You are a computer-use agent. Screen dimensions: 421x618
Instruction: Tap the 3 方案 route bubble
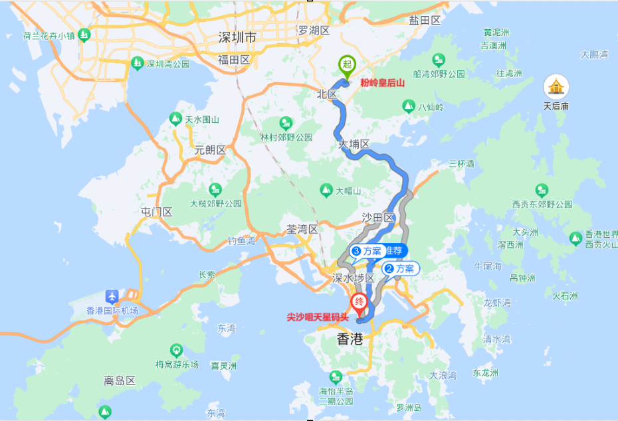[x=367, y=252]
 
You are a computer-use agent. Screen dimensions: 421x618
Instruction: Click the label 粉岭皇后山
[x=382, y=82]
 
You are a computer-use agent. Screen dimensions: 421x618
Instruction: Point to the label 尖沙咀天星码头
[x=317, y=317]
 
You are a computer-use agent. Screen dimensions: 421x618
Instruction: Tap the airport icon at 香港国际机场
[x=112, y=295]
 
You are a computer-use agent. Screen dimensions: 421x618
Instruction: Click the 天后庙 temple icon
[x=556, y=86]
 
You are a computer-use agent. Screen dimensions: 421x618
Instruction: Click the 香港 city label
[x=350, y=339]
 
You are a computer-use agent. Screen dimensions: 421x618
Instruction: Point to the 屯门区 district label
[x=156, y=212]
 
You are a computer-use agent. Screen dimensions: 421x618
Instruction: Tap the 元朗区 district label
[x=210, y=150]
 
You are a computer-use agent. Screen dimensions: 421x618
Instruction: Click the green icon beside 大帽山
[x=326, y=191]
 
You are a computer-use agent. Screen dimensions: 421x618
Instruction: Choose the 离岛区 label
[x=120, y=381]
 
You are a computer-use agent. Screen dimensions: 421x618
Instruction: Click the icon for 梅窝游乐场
[x=176, y=349]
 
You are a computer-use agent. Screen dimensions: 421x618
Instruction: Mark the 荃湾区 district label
[x=302, y=229]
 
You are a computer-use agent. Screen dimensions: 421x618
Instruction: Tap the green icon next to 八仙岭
[x=409, y=106]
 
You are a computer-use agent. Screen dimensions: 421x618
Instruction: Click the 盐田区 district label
[x=425, y=21]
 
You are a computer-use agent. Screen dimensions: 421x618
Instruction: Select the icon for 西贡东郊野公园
[x=542, y=190]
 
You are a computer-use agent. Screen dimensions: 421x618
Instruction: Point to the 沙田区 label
[x=378, y=218]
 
